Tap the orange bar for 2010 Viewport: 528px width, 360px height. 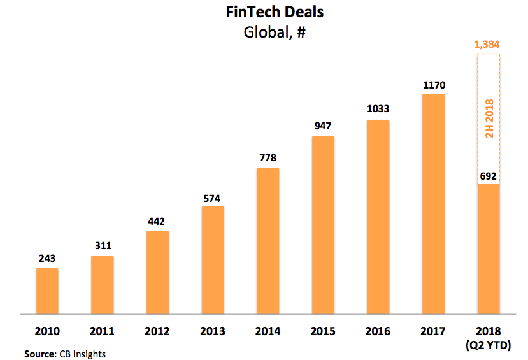47,291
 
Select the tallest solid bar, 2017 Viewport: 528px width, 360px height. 433,204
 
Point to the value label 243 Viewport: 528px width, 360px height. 47,259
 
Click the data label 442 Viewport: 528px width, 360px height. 157,221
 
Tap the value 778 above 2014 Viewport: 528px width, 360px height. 268,158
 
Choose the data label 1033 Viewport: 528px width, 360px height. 378,109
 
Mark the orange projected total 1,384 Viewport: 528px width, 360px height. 488,45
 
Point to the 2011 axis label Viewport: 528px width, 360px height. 102,331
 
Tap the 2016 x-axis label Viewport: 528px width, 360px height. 378,331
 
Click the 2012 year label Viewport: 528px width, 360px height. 157,331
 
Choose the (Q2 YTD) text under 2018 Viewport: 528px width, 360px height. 488,345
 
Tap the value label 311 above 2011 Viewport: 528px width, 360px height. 102,246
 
